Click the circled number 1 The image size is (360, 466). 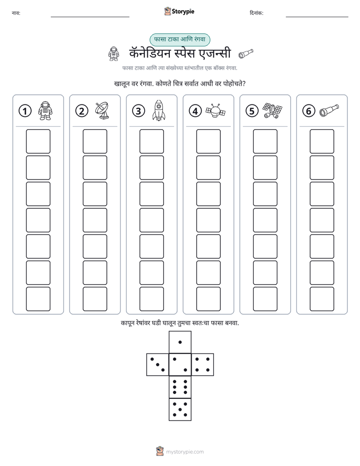(25, 111)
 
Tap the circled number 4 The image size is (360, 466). (195, 111)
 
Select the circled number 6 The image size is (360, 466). (309, 111)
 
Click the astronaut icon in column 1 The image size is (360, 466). (45, 110)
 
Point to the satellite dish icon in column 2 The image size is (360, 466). (102, 110)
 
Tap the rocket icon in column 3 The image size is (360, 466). (159, 110)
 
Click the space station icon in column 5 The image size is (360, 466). (272, 110)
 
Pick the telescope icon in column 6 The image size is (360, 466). (329, 110)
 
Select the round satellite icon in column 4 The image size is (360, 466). (215, 110)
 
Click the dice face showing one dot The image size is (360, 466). (180, 342)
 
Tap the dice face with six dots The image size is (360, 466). (180, 387)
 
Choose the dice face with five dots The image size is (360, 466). (180, 410)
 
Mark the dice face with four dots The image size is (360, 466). (203, 365)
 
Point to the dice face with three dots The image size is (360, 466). (157, 365)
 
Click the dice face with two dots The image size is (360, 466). (180, 365)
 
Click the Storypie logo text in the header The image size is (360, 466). (183, 12)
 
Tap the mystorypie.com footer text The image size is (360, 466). (185, 452)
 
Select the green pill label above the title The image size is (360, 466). (180, 39)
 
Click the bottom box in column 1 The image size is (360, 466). (38, 299)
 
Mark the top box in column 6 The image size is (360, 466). (322, 141)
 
